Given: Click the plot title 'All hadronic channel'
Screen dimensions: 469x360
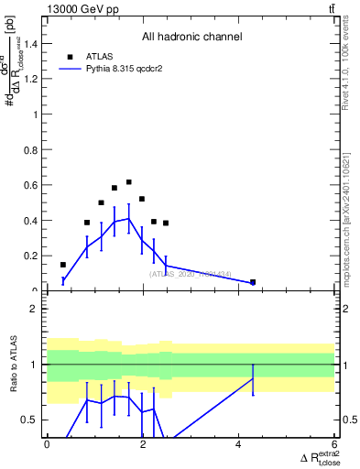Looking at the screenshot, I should click(191, 38).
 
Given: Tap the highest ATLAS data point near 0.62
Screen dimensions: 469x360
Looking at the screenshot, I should click(129, 182).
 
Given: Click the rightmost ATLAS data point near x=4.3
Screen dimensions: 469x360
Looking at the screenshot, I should click(253, 282).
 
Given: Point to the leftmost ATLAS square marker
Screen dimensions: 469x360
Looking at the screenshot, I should click(62, 265).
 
